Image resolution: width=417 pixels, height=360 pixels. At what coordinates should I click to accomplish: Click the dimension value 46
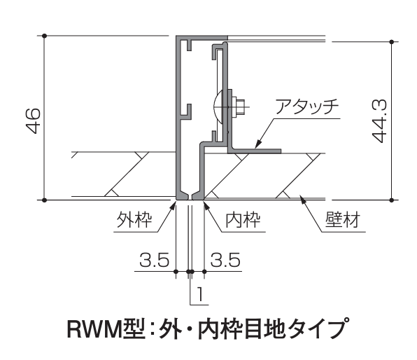click(x=34, y=120)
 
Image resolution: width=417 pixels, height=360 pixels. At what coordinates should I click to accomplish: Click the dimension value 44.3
click(x=379, y=121)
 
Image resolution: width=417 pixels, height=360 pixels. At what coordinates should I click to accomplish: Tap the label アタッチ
click(x=306, y=106)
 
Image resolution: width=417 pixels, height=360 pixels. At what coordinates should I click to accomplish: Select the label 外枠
click(x=134, y=219)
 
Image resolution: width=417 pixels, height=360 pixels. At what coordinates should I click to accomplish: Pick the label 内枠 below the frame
click(x=243, y=219)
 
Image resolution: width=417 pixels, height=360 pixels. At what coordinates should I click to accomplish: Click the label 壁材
click(x=343, y=219)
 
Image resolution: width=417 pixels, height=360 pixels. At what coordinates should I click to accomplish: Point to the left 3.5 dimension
click(x=155, y=260)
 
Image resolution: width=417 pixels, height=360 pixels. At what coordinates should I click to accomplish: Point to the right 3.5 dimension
click(x=225, y=260)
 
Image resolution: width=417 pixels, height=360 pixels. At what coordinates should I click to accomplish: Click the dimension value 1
click(x=200, y=293)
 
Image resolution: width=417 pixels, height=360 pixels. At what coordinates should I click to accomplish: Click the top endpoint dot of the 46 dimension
click(x=45, y=36)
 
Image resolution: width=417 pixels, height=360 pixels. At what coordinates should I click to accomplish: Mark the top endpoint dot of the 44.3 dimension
click(x=391, y=42)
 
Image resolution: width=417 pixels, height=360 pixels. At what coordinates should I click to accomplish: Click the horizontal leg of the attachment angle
click(x=254, y=151)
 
